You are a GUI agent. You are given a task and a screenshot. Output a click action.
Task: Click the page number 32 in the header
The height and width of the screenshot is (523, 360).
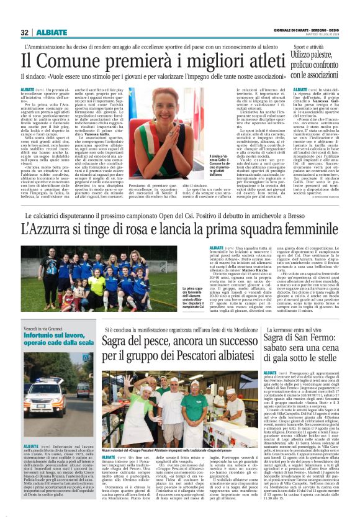pos(25,32)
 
